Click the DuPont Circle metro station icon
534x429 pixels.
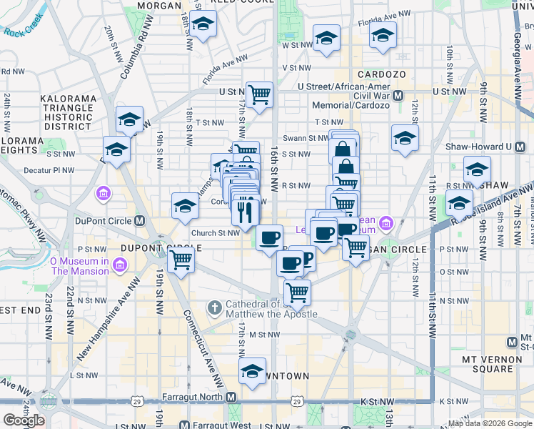[139, 221]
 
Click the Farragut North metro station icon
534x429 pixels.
[231, 397]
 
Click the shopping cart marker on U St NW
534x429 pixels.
[259, 94]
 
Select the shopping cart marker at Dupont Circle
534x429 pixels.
[181, 260]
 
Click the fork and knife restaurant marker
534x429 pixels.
[244, 212]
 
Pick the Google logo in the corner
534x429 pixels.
[24, 420]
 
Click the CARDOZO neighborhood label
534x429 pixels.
[382, 74]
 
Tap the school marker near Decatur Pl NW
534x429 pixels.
[116, 149]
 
